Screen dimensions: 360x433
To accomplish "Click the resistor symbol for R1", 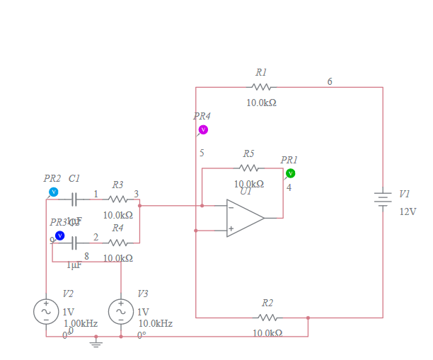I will pos(261,87).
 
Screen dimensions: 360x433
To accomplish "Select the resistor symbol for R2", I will pos(267,318).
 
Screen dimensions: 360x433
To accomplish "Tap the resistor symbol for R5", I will pos(248,168).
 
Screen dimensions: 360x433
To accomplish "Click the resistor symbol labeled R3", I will pos(117,199).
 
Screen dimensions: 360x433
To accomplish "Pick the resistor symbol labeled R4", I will pos(117,242).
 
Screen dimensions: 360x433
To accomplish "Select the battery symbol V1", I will pos(383,199).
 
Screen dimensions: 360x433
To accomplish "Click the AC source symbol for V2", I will pos(46,311).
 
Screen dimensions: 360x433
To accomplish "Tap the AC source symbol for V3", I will pos(121,311).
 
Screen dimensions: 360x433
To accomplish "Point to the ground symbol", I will pos(98,344).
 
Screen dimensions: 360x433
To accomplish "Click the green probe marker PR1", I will pos(290,173).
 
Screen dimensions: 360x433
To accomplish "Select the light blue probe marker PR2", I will pos(53,192).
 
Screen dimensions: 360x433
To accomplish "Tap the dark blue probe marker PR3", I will pos(60,236).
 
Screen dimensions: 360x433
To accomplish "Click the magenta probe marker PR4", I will pos(203,129).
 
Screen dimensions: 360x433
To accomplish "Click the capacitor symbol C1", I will pos(74,199).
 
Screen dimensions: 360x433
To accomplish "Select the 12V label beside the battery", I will pos(408,211).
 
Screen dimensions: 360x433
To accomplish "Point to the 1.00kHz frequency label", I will pos(80,323).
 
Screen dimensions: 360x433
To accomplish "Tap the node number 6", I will pos(330,82).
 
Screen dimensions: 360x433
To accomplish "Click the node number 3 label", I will pos(137,194).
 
